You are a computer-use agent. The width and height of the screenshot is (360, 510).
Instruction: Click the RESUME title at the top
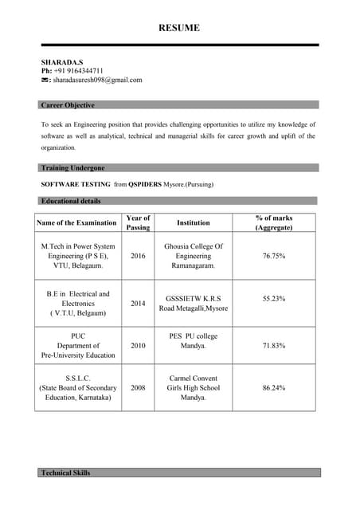pyautogui.click(x=179, y=28)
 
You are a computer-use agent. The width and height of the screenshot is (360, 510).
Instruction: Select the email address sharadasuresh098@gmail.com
pyautogui.click(x=98, y=80)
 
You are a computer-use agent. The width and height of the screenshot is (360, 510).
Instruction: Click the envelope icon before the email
pyautogui.click(x=45, y=80)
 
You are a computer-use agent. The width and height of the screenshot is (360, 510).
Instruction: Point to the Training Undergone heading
pyautogui.click(x=72, y=168)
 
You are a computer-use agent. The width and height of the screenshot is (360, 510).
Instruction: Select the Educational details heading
pyautogui.click(x=71, y=201)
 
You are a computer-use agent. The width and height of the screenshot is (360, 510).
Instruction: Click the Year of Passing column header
pyautogui.click(x=138, y=222)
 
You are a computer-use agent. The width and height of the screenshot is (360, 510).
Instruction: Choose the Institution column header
pyautogui.click(x=194, y=223)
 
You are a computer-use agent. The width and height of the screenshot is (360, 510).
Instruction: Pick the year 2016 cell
pyautogui.click(x=138, y=257)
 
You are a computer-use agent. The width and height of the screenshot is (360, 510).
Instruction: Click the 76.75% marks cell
pyautogui.click(x=273, y=257)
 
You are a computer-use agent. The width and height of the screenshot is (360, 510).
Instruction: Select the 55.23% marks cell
pyautogui.click(x=273, y=298)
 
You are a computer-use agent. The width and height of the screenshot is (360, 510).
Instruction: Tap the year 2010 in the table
pyautogui.click(x=138, y=346)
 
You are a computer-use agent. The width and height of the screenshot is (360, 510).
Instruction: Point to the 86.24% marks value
pyautogui.click(x=273, y=387)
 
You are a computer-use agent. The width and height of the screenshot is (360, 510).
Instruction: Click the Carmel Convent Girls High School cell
pyautogui.click(x=194, y=387)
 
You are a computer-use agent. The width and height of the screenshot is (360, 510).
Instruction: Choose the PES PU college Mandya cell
pyautogui.click(x=194, y=341)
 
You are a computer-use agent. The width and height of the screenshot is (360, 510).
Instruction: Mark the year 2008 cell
pyautogui.click(x=138, y=387)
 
